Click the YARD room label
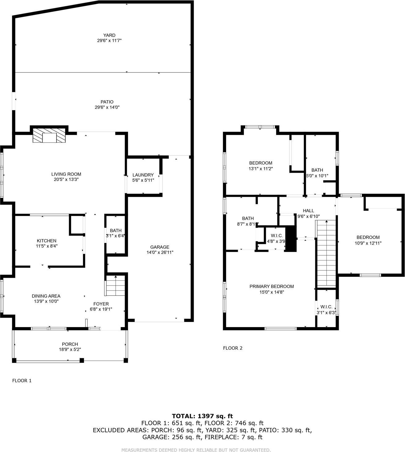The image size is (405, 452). (109, 35)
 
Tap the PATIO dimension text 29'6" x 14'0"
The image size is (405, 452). (107, 107)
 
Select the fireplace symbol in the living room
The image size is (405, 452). (49, 135)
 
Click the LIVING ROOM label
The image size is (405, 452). (66, 174)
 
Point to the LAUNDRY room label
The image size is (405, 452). (143, 175)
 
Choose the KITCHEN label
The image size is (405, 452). (47, 241)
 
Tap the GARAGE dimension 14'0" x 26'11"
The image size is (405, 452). (160, 252)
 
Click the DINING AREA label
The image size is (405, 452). (46, 296)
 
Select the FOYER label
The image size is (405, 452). (101, 304)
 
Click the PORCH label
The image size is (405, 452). (70, 344)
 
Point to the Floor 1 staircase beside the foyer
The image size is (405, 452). (115, 286)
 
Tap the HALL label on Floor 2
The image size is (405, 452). (308, 211)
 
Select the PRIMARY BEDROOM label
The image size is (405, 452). (271, 286)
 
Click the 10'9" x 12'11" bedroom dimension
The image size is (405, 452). (368, 243)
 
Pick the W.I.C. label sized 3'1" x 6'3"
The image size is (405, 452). (326, 307)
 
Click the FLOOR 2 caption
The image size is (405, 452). (233, 348)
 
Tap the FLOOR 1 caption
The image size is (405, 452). (22, 380)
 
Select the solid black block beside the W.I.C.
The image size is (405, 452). (291, 239)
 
